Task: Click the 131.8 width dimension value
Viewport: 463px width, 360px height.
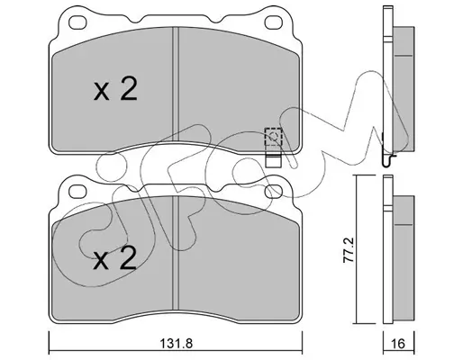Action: pyautogui.click(x=176, y=343)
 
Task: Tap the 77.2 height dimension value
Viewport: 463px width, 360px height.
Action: pyautogui.click(x=349, y=249)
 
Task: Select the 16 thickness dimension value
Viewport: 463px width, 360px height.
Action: pyautogui.click(x=398, y=344)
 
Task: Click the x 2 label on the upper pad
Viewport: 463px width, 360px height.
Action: pyautogui.click(x=115, y=88)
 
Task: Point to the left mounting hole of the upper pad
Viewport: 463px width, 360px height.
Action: pyautogui.click(x=77, y=22)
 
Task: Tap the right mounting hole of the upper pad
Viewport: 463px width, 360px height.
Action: pyautogui.click(x=273, y=22)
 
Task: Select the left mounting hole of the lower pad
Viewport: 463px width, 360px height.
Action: pyautogui.click(x=77, y=192)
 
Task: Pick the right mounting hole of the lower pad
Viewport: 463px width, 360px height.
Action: pyautogui.click(x=273, y=192)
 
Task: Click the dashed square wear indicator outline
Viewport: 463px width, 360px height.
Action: pyautogui.click(x=273, y=137)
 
